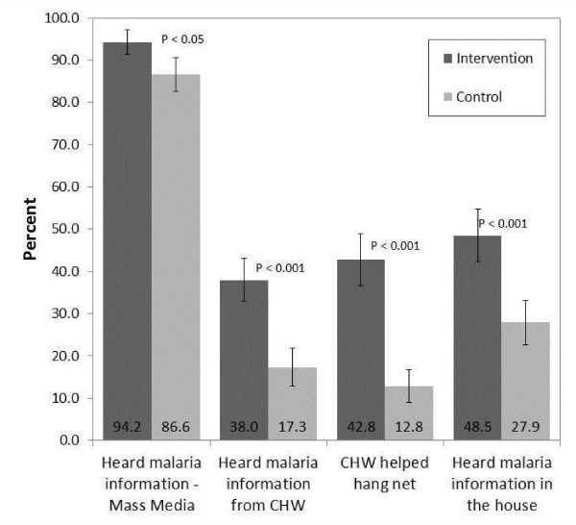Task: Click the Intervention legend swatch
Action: coord(447,59)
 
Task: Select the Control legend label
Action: coord(479,97)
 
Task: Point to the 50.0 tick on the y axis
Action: coord(63,229)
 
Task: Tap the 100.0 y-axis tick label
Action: coord(61,17)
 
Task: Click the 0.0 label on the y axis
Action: coord(69,440)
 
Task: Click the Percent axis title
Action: coord(30,229)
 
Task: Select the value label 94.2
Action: coord(127,427)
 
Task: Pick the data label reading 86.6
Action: coord(176,427)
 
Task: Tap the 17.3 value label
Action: coord(293,427)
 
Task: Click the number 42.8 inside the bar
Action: coord(361,427)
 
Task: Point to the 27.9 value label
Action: coord(525,427)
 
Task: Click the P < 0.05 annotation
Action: coord(182,39)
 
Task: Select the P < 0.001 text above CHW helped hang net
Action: coord(395,246)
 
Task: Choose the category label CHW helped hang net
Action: coord(385,473)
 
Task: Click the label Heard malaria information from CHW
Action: coord(268,484)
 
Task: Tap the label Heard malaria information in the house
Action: coord(502,484)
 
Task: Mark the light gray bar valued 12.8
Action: coord(409,413)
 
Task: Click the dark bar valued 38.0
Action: coord(244,361)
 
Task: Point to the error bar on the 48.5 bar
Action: coord(478,236)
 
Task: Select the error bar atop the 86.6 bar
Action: coord(176,74)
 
